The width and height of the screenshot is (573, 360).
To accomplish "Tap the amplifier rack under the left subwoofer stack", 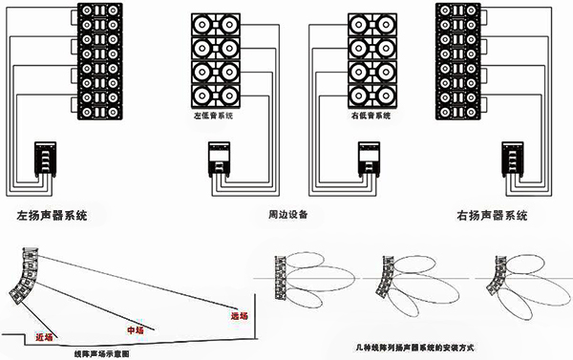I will pyautogui.click(x=218, y=159).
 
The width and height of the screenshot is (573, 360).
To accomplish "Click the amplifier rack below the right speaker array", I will pyautogui.click(x=512, y=159).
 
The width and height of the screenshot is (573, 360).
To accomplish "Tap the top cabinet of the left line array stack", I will pyautogui.click(x=99, y=11).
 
